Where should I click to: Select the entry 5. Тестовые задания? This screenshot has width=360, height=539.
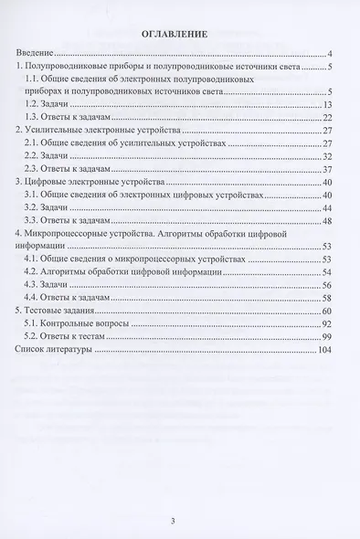(x=58, y=311)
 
